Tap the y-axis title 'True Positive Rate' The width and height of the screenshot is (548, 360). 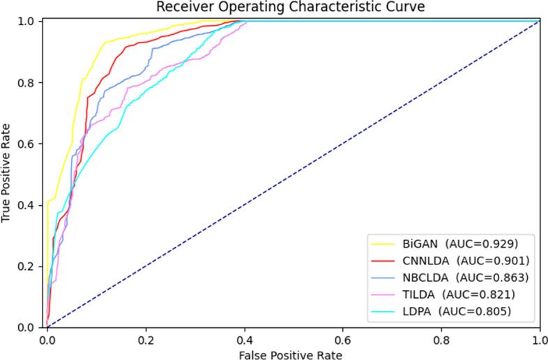click(8, 174)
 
